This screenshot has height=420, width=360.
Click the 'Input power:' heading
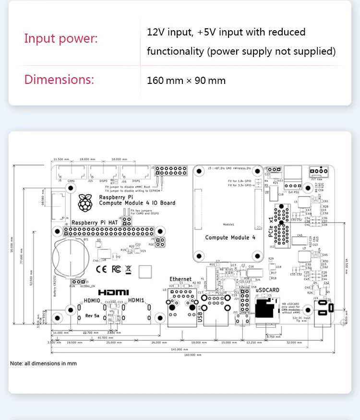tap(61, 38)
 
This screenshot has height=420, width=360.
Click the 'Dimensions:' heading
tap(59, 80)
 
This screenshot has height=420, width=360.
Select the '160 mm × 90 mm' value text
tap(186, 80)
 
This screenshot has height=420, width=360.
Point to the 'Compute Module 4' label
tap(227, 237)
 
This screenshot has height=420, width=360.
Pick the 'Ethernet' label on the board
tap(180, 279)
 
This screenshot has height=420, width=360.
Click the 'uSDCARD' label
tap(267, 290)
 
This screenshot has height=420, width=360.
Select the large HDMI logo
tap(113, 292)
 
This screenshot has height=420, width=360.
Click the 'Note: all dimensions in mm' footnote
tap(43, 363)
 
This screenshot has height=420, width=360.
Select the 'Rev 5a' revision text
tap(92, 315)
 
